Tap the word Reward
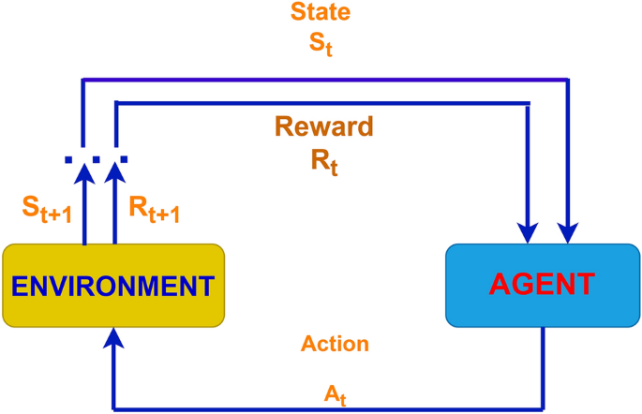click(323, 127)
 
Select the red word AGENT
click(543, 283)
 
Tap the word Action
click(335, 344)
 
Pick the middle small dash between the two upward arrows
click(99, 158)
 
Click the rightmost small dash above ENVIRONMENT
click(125, 158)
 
